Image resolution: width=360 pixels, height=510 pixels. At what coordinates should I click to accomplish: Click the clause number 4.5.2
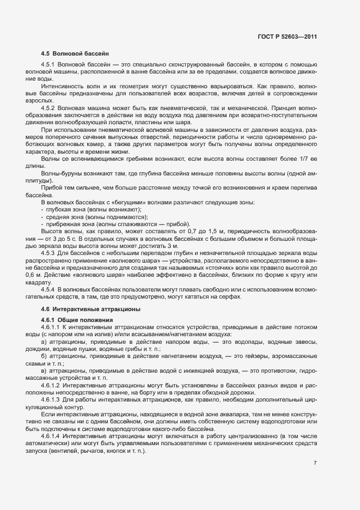[x=50, y=107]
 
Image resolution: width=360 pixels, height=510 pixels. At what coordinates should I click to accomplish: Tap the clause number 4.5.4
[x=50, y=288]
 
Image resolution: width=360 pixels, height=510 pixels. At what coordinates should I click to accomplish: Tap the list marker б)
[x=44, y=355]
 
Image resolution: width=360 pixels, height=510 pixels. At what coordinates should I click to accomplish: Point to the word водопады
[x=241, y=341]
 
